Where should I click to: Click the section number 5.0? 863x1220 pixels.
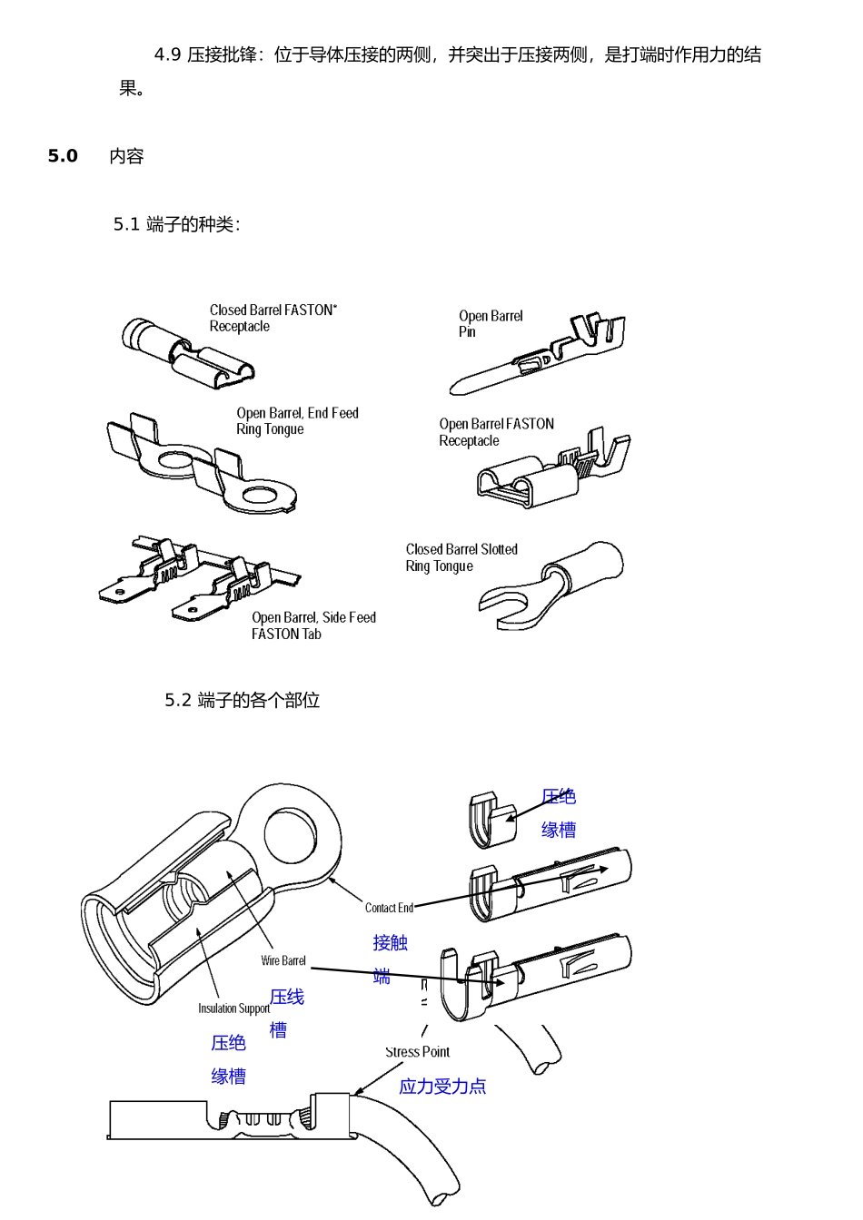(63, 156)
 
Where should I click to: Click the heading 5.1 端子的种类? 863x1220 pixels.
(177, 224)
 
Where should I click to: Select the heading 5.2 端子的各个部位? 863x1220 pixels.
(242, 700)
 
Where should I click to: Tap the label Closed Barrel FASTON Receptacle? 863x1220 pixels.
(273, 318)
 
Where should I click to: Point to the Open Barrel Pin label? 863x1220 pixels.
(491, 323)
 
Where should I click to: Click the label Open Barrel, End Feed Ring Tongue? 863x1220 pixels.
(297, 420)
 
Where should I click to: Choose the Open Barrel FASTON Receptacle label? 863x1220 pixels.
(496, 432)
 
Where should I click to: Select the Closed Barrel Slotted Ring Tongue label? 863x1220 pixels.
(461, 557)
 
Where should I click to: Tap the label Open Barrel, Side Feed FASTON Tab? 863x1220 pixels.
(313, 625)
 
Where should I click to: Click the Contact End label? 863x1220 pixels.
(389, 908)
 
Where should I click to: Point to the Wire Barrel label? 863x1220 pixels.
(283, 960)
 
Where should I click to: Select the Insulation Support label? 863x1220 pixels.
(233, 1008)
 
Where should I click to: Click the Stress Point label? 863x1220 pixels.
(418, 1051)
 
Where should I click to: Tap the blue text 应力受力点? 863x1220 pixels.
(442, 1087)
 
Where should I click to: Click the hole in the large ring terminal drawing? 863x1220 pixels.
(290, 834)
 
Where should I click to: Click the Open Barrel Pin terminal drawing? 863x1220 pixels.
(537, 353)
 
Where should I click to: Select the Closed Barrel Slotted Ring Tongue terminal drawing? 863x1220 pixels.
(551, 586)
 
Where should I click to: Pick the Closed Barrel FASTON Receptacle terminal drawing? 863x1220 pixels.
(187, 353)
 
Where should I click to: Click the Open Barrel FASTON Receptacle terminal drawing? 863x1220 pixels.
(553, 468)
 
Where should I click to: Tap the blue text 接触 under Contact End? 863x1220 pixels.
(391, 942)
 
